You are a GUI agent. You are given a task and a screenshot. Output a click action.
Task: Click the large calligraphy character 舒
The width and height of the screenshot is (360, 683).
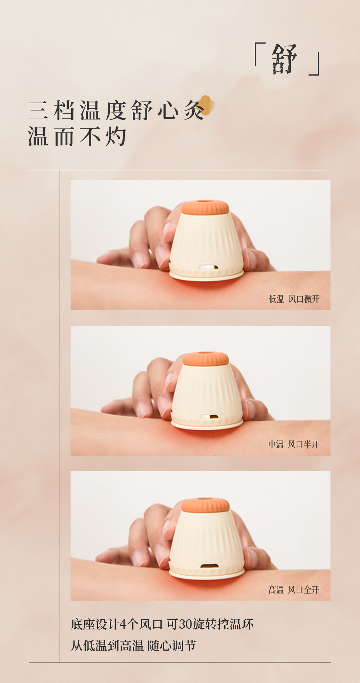click(x=284, y=59)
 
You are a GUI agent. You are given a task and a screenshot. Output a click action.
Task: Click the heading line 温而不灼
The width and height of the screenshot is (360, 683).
click(x=77, y=137)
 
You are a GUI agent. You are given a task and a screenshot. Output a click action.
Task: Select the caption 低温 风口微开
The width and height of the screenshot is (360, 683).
click(x=294, y=299)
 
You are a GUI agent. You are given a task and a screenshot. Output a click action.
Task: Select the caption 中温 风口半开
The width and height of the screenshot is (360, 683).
click(x=294, y=444)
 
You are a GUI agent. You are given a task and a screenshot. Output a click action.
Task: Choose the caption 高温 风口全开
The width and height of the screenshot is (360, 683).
click(x=294, y=590)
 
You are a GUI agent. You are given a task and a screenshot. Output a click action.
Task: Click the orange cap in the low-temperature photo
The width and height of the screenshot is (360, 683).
click(x=205, y=207)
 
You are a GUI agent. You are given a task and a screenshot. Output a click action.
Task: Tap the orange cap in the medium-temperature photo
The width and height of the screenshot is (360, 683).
click(x=206, y=359)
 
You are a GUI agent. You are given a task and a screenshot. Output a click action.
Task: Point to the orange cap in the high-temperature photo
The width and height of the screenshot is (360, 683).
click(x=206, y=505)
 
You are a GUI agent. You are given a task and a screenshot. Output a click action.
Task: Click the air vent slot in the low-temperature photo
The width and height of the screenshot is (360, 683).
click(x=208, y=267)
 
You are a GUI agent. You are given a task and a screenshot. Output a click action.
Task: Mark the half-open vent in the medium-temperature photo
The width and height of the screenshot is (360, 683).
click(x=209, y=416)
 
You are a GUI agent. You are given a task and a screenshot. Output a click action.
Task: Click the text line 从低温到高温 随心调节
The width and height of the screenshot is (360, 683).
click(x=133, y=646)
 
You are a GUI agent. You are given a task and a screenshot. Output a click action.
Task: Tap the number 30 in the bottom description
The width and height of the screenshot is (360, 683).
click(x=186, y=624)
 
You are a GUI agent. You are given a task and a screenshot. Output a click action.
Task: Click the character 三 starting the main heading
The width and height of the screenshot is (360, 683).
click(x=38, y=110)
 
